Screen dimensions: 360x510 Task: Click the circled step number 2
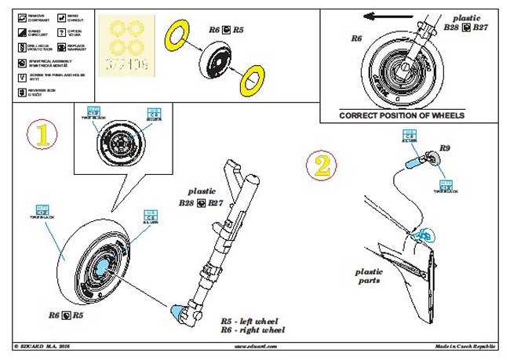[323, 165]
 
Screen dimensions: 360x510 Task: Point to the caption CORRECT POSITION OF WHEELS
[402, 115]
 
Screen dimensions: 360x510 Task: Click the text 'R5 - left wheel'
[250, 322]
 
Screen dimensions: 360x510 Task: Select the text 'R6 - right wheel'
[251, 332]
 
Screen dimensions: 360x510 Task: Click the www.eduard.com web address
[255, 346]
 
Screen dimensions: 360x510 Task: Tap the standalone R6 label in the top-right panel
[355, 38]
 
